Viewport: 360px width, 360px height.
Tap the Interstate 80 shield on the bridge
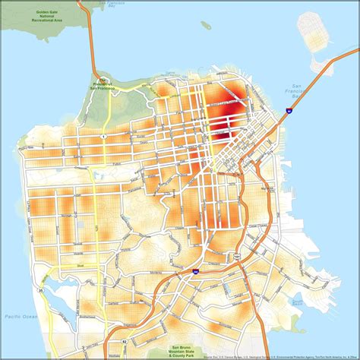pyautogui.click(x=289, y=111)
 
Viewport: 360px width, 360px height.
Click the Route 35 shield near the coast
pyautogui.click(x=31, y=289)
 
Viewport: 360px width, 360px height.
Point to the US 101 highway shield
pyautogui.click(x=236, y=257)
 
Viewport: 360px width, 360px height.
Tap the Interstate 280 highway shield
pyautogui.click(x=195, y=270)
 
